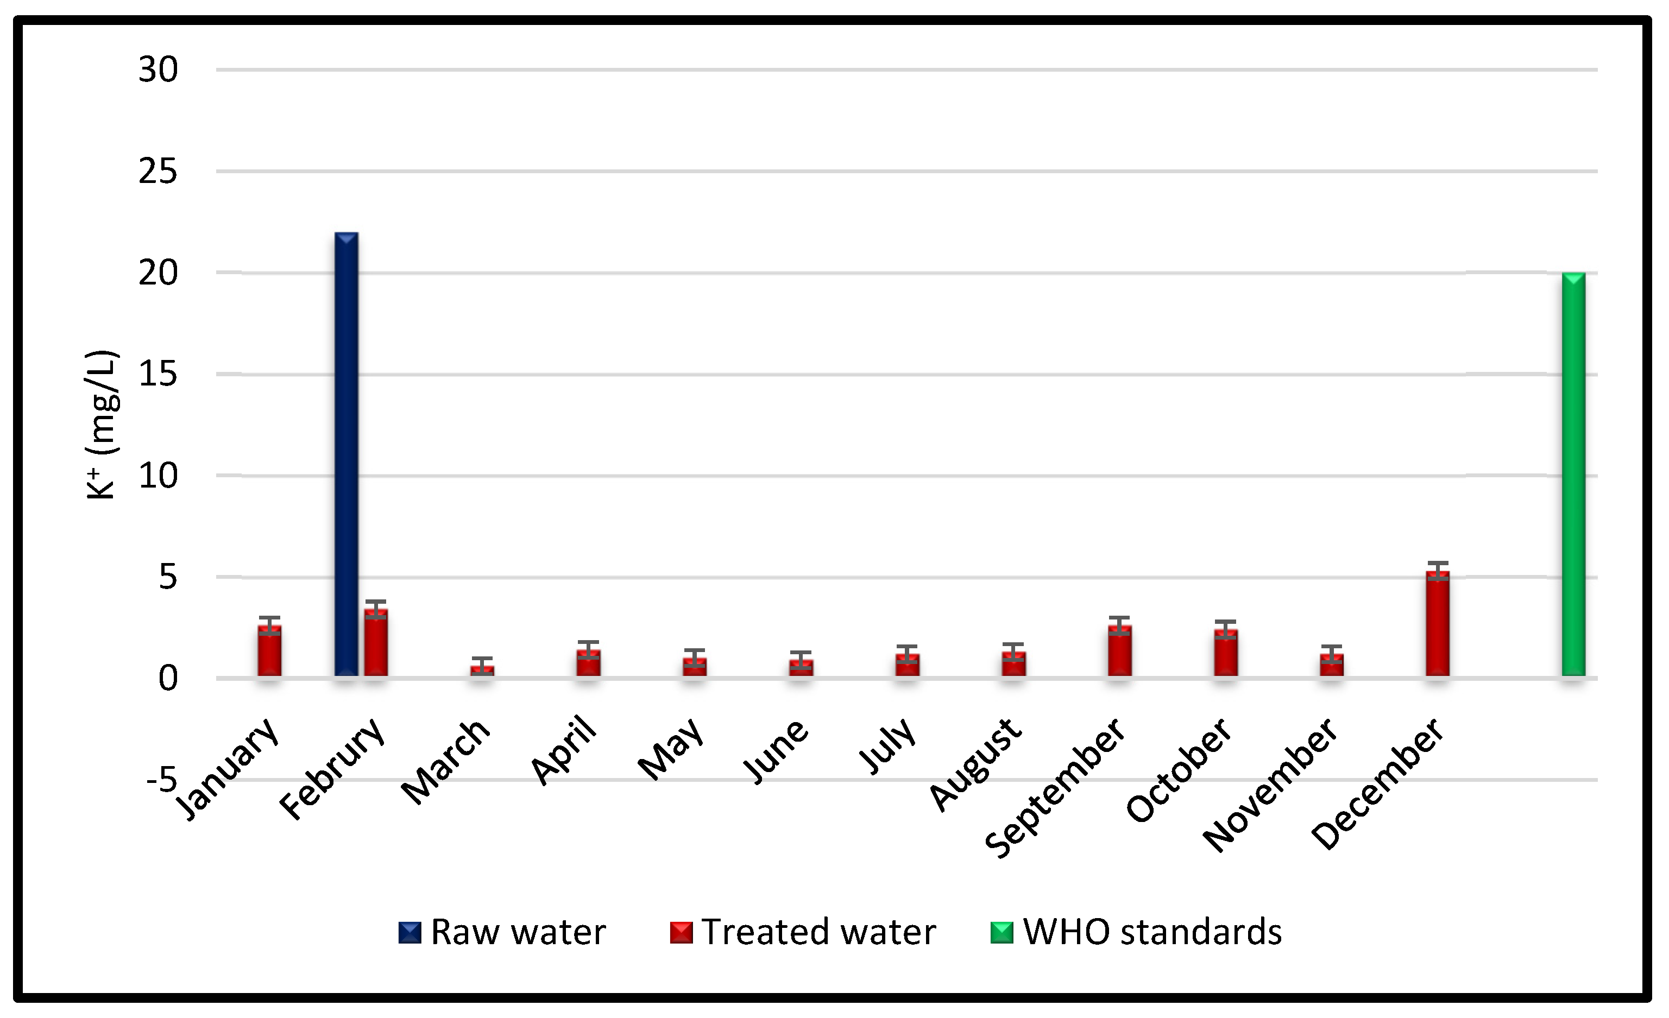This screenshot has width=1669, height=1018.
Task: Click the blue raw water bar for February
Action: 346,454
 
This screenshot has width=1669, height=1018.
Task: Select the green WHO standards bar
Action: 1573,474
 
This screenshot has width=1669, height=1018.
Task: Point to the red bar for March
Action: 482,671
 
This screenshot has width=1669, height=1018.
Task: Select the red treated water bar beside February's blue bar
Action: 376,643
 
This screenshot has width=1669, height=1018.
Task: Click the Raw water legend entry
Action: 502,932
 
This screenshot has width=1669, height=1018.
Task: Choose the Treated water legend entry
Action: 803,932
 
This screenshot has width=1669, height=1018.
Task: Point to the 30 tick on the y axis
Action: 158,69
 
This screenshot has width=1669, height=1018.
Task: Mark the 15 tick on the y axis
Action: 158,374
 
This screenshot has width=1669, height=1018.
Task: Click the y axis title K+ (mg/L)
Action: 102,425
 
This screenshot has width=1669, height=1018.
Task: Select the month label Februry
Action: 332,769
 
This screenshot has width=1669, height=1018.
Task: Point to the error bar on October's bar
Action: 1225,629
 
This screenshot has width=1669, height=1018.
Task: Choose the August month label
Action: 975,764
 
